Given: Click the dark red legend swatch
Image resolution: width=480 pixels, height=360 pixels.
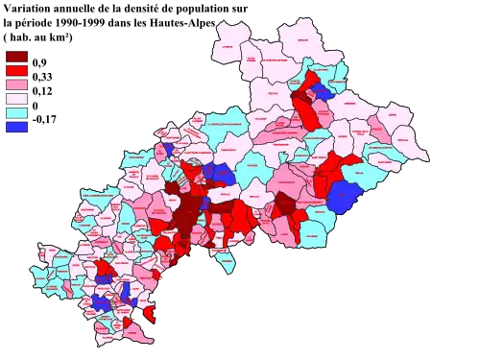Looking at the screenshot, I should (x=17, y=56).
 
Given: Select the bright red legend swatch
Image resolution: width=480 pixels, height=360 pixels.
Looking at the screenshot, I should (x=17, y=70).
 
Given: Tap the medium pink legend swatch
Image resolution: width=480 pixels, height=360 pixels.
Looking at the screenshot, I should (x=17, y=84).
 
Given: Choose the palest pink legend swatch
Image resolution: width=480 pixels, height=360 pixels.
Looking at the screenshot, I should (x=17, y=98).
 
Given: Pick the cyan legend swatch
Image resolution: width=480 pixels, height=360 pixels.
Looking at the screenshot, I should (x=17, y=112).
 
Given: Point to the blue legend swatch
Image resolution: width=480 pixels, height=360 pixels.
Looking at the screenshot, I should (x=17, y=127).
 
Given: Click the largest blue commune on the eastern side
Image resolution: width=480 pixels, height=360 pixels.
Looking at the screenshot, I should (x=341, y=197).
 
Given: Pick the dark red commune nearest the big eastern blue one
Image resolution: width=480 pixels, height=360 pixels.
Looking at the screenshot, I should (x=286, y=204).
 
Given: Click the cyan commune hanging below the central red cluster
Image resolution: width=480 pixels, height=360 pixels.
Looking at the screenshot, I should (x=224, y=260).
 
